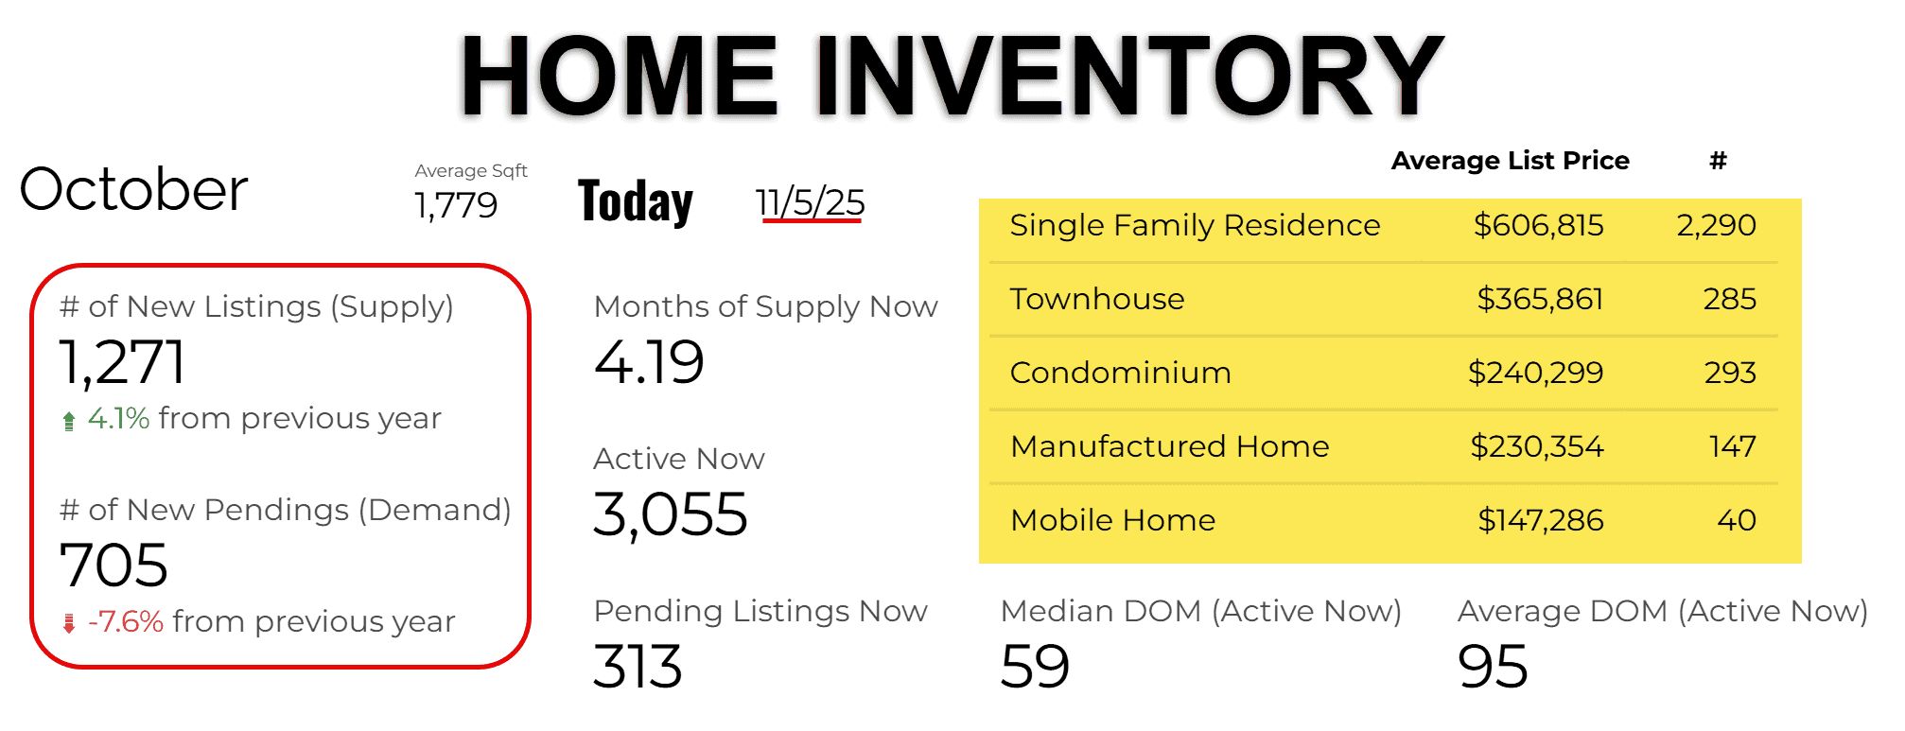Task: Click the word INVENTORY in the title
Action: pos(1129,76)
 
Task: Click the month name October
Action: pos(133,189)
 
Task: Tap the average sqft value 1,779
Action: pos(456,205)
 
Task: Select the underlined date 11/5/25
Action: pos(810,202)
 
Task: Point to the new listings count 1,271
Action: pos(122,362)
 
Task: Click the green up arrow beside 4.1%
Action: pos(68,421)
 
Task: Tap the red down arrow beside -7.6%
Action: pos(68,623)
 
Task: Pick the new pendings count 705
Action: pos(114,566)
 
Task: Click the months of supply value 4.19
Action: pos(649,362)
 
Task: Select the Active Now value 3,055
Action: pos(671,515)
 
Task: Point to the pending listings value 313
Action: pos(638,667)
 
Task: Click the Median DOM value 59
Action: pos(1035,667)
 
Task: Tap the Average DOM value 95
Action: pos(1493,667)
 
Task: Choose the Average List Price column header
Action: pos(1511,161)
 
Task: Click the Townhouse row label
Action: pos(1097,299)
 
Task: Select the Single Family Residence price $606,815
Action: pos(1539,225)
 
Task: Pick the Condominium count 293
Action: pos(1730,373)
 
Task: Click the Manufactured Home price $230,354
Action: pos(1537,446)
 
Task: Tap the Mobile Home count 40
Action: pos(1737,520)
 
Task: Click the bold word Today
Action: pos(636,201)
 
